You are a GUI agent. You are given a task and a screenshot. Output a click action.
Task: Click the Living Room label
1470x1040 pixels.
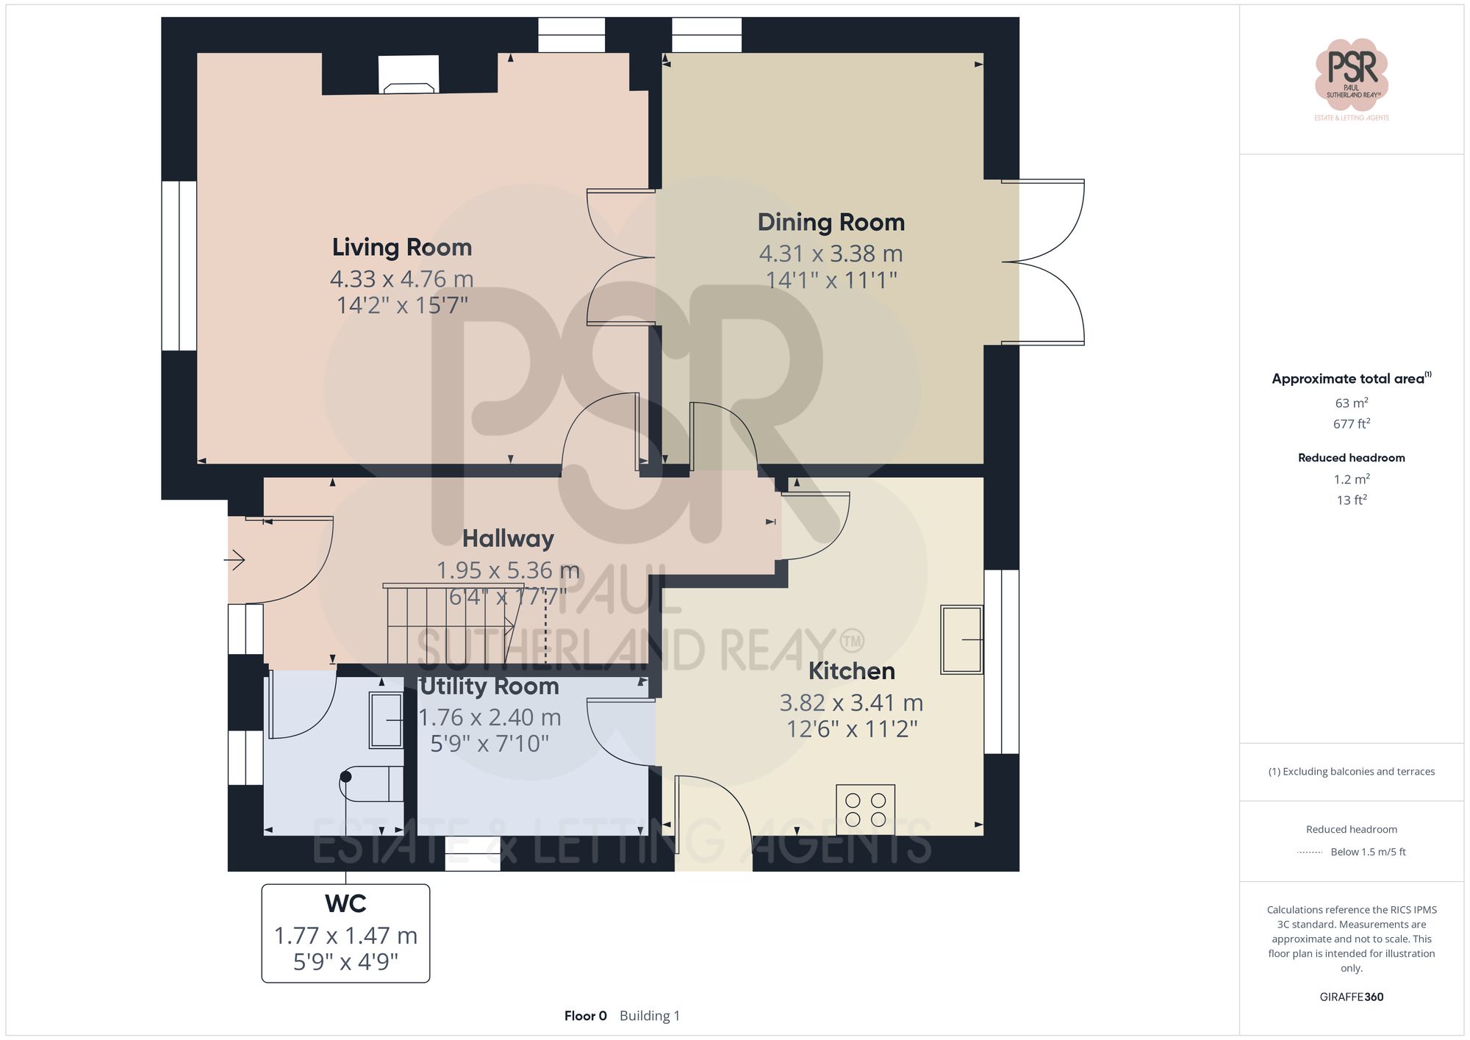pos(401,248)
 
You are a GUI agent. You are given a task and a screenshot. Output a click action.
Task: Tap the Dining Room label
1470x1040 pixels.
pos(831,223)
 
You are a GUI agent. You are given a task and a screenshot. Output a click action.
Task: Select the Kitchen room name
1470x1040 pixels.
pos(851,671)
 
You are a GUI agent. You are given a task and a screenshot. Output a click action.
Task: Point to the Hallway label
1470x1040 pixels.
pos(508,539)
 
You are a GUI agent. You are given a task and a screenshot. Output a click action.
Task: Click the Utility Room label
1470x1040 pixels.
pos(490,686)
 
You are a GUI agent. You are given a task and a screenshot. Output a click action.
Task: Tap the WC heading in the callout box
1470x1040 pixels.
pos(345,903)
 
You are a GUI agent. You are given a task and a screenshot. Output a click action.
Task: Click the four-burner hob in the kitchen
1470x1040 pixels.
pos(865,809)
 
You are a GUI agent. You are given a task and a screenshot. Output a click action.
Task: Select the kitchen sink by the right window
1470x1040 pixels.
pos(961,639)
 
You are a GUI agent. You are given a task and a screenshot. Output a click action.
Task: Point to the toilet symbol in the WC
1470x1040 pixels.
pos(371,783)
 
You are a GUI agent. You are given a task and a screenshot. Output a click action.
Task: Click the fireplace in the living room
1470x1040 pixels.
pos(409,75)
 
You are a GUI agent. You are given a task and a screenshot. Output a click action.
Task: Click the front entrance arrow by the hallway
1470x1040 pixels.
pos(234,560)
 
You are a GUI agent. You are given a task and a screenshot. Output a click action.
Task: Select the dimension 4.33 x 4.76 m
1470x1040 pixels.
pos(401,279)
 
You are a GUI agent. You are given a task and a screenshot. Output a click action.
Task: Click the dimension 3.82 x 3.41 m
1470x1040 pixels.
pos(851,703)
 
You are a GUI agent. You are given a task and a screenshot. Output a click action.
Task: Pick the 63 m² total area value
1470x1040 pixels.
pos(1351,403)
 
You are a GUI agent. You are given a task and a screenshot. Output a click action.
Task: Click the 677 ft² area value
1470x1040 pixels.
pos(1351,424)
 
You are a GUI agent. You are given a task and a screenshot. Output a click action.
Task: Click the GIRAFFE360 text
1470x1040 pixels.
pos(1351,997)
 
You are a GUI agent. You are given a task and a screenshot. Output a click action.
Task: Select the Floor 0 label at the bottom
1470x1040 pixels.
pos(585,1016)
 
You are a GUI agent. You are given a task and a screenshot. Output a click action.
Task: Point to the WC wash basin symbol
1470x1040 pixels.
pos(386,720)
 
